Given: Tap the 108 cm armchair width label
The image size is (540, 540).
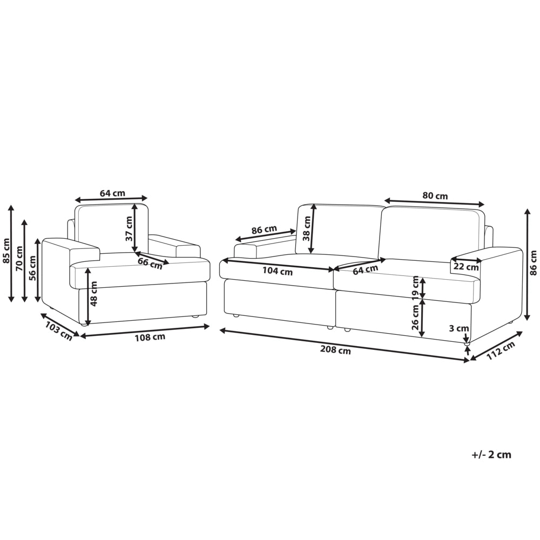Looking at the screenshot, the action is (150, 337).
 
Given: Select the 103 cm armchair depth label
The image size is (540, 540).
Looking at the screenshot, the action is (59, 332).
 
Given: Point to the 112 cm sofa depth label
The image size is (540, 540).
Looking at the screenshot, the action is (501, 350).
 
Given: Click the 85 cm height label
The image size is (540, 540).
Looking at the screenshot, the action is (6, 251).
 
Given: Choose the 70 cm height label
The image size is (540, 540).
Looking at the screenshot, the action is (19, 258).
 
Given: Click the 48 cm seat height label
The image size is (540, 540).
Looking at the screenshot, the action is (93, 293).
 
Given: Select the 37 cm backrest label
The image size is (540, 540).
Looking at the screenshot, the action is (129, 228).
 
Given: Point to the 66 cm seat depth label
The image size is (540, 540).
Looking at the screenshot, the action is (150, 264).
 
